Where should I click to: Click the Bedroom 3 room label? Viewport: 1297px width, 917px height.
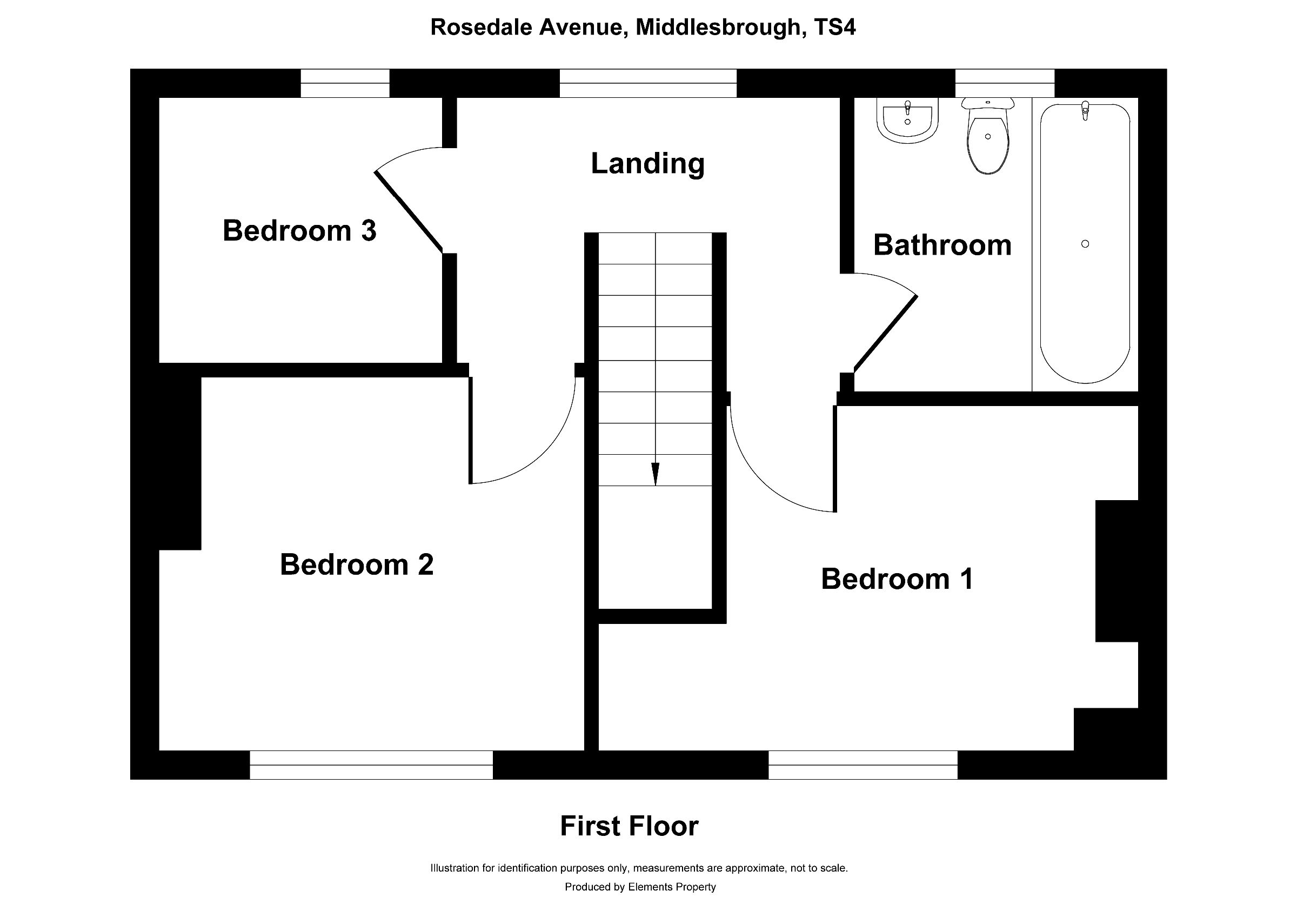point(299,230)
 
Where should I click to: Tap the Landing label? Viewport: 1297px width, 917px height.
point(647,163)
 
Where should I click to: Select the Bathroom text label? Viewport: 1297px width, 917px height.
point(942,245)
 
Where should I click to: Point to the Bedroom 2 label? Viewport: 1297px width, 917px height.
point(357,564)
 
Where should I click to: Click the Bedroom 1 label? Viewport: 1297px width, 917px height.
point(897,579)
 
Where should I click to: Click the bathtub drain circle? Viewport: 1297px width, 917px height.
point(1085,244)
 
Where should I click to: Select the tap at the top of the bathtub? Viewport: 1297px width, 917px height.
point(1085,110)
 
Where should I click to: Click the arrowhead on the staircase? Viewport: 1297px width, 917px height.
point(656,474)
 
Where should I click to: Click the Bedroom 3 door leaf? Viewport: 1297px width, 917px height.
point(409,212)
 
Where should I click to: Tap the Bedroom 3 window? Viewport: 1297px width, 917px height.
point(345,83)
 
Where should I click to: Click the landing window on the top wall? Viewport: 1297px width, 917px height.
point(648,83)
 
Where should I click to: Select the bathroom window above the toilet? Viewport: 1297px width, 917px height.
point(1005,83)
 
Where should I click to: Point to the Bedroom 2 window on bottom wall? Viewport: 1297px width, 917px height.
point(371,765)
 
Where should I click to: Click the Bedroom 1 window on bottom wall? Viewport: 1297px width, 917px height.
point(863,765)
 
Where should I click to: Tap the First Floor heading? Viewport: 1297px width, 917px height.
point(629,826)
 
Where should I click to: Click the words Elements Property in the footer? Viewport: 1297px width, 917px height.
point(672,887)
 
